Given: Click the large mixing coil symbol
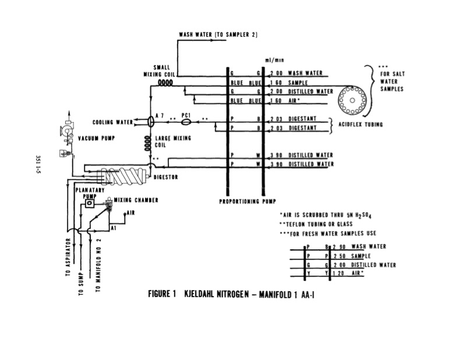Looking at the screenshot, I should (148, 141).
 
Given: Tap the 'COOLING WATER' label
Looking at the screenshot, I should (112, 122).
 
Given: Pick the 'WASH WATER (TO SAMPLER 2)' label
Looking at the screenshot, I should (218, 36).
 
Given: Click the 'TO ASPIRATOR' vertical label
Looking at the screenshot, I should (69, 256).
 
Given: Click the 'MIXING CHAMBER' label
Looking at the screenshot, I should (136, 200).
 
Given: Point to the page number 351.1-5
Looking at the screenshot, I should (37, 166).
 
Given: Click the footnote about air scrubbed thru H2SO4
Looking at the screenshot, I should (326, 215).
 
